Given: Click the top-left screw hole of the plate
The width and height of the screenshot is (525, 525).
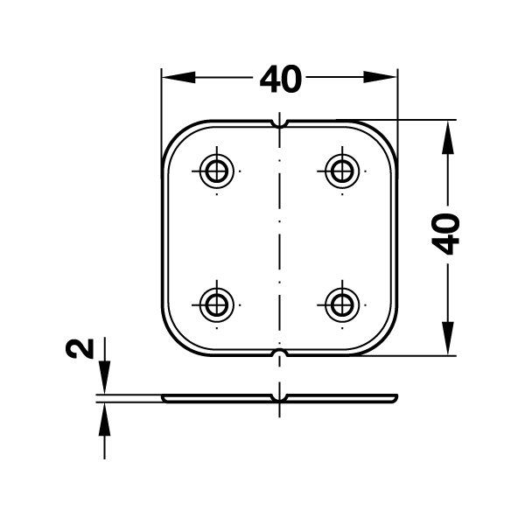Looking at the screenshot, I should [215, 170].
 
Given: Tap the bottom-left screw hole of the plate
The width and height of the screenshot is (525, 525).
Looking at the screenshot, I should [215, 304].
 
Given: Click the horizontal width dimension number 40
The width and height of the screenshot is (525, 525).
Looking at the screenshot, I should [280, 80].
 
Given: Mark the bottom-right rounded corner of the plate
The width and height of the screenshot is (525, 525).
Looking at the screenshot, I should [381, 341].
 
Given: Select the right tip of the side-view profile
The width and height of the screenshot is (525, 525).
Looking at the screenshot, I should [397, 398].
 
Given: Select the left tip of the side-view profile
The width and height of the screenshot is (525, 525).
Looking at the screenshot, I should [164, 398].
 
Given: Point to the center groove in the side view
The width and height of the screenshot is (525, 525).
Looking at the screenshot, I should [280, 401].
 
